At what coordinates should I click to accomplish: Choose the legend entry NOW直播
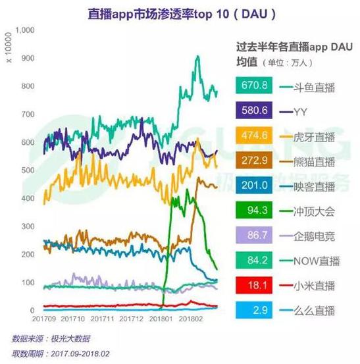pos(315,261)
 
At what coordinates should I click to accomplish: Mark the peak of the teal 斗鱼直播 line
pos(198,57)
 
